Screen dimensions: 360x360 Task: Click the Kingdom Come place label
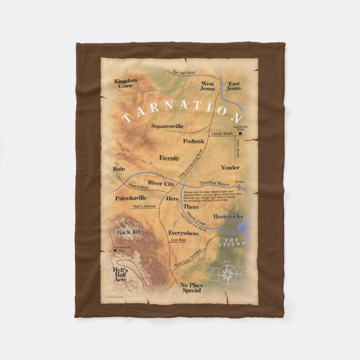[125, 84]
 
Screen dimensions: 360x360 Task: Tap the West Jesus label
[207, 86]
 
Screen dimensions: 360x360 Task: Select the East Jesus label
[233, 86]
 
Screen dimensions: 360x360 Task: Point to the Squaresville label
[167, 126]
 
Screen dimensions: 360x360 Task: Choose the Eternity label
[169, 158]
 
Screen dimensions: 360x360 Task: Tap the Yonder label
[230, 167]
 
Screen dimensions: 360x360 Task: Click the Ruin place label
[118, 168]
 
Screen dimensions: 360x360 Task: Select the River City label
[162, 182]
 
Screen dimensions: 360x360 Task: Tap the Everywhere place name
[183, 233]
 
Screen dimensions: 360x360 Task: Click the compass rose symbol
[228, 274]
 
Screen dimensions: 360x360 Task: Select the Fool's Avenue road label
[144, 207]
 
